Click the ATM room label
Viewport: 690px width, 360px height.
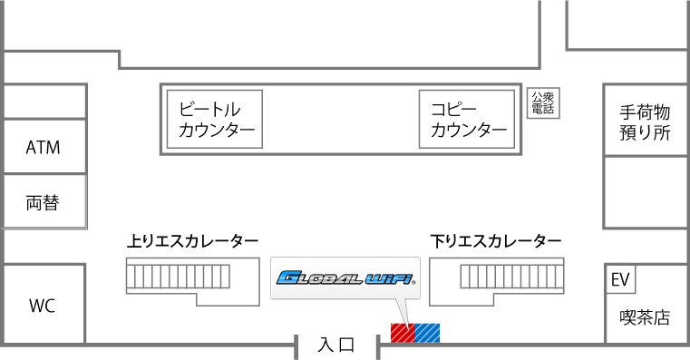pos(43,147)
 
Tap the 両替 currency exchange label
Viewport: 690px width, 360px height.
pos(43,202)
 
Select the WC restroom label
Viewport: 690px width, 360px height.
pos(43,306)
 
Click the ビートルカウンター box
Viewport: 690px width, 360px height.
pos(215,119)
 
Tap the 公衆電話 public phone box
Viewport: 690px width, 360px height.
pos(542,103)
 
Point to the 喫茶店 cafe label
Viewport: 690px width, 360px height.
pos(645,317)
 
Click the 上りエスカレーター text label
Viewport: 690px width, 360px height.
pos(192,241)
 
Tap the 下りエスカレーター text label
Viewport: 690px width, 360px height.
pos(495,241)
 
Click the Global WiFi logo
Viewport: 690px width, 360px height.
pos(345,279)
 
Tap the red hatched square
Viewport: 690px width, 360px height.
pos(402,333)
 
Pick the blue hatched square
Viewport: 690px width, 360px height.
pos(427,333)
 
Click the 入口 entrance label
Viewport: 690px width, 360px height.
pos(336,345)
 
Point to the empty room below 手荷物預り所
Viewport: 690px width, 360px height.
pos(645,192)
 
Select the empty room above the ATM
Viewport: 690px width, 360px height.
pos(43,101)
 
